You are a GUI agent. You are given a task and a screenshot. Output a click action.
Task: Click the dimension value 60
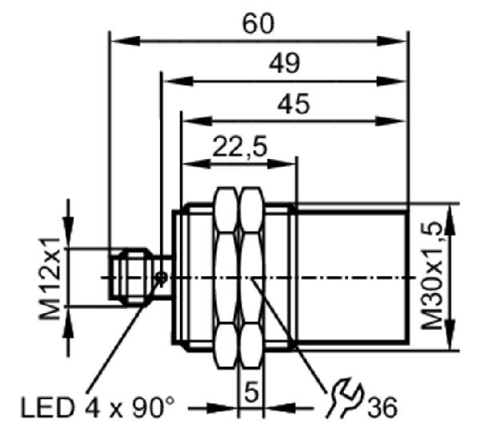(x=258, y=24)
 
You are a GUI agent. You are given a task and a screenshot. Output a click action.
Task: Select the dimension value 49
(x=284, y=64)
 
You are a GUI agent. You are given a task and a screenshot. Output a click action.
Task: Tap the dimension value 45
(x=294, y=104)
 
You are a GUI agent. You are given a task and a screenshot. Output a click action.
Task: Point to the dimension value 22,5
(x=240, y=146)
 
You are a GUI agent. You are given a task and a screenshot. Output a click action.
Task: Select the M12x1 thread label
(x=50, y=279)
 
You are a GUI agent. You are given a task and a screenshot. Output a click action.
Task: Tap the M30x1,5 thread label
(x=432, y=276)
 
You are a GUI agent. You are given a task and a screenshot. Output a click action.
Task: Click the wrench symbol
(x=344, y=398)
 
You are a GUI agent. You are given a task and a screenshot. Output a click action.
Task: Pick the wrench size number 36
(x=382, y=407)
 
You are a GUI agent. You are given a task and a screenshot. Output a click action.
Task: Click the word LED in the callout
(x=47, y=407)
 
